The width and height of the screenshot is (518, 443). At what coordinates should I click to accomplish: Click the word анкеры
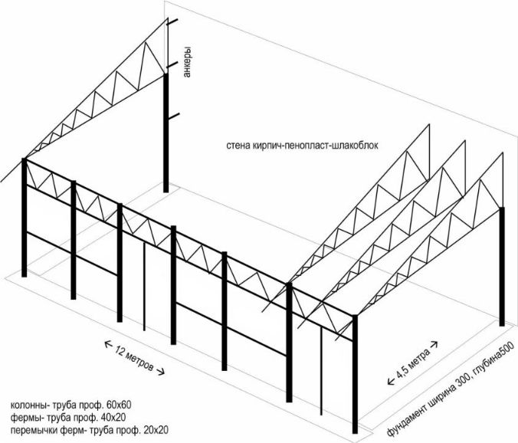186,61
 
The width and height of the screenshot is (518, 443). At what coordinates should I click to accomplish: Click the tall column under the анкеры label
166,138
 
